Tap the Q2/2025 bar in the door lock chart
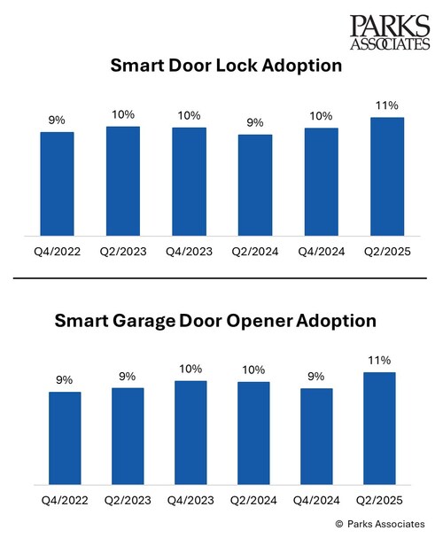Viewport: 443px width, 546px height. pos(387,176)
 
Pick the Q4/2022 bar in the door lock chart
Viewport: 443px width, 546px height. pos(58,183)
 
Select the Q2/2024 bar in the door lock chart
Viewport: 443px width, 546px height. pos(256,185)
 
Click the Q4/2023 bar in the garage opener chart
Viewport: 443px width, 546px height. pos(190,433)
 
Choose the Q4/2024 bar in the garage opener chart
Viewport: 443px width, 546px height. pos(322,436)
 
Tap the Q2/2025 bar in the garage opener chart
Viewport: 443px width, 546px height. pos(387,428)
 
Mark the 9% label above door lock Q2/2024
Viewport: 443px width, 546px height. pos(256,122)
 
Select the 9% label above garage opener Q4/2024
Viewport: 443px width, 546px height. pos(322,376)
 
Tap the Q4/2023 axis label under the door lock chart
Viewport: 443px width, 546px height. pos(190,251)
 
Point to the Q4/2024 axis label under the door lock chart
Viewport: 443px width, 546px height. pos(322,251)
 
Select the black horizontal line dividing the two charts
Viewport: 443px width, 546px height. pos(221,281)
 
